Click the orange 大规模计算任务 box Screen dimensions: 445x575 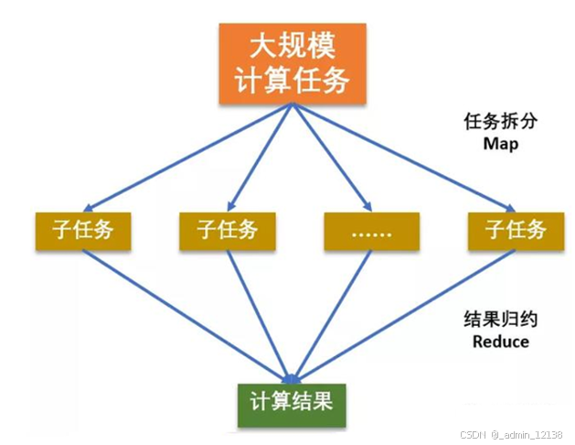coord(292,61)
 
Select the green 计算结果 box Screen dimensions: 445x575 coord(292,405)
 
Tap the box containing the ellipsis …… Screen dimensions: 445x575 coord(370,232)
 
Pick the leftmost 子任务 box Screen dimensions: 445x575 coord(83,232)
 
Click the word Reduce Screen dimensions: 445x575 coord(500,342)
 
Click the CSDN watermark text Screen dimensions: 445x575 coord(472,434)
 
